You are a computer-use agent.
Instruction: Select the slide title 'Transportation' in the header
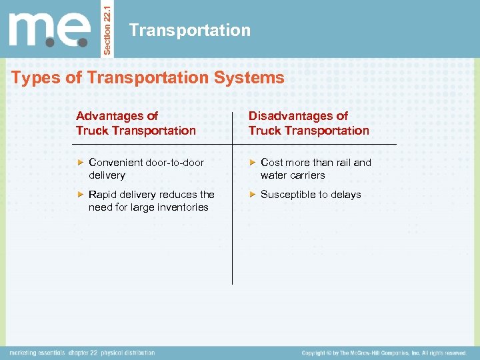pyautogui.click(x=190, y=30)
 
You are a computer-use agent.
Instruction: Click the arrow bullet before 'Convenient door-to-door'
pyautogui.click(x=80, y=163)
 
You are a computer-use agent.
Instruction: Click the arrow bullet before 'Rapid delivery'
pyautogui.click(x=80, y=195)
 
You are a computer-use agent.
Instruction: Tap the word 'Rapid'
pyautogui.click(x=102, y=195)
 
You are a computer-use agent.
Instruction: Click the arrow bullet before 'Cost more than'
pyautogui.click(x=252, y=163)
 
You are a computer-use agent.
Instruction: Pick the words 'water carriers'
pyautogui.click(x=293, y=175)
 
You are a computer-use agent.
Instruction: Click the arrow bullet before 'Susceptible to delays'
pyautogui.click(x=252, y=195)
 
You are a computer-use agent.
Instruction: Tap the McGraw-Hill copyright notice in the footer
pyautogui.click(x=383, y=353)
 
